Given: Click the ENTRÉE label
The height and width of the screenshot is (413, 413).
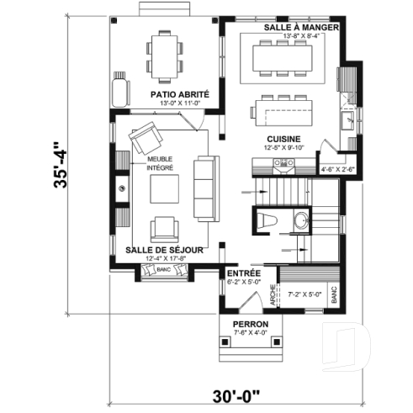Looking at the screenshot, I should (243, 273).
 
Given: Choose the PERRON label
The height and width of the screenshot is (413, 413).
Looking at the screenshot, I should (250, 324).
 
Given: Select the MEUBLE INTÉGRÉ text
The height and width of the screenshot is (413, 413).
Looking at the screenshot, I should (161, 162).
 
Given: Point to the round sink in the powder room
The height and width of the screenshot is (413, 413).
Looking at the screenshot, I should (300, 221).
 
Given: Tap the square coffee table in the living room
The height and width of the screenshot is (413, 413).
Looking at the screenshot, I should (165, 189).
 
